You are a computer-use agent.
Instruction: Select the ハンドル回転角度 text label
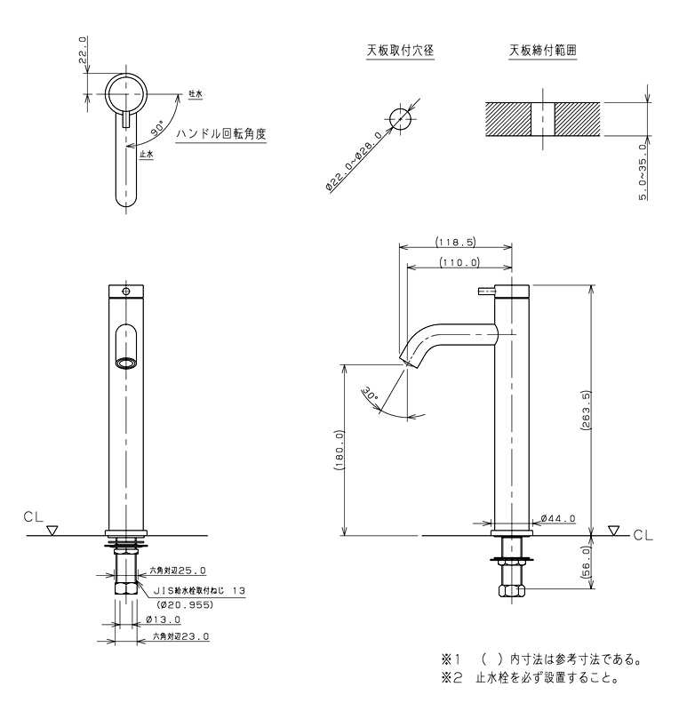221,134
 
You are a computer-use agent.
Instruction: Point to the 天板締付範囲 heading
542,51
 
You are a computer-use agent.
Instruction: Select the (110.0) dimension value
459,262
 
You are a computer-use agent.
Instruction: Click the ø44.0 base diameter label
558,518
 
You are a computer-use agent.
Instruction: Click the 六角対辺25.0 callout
178,571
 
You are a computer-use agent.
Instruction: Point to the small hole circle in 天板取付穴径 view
401,118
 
